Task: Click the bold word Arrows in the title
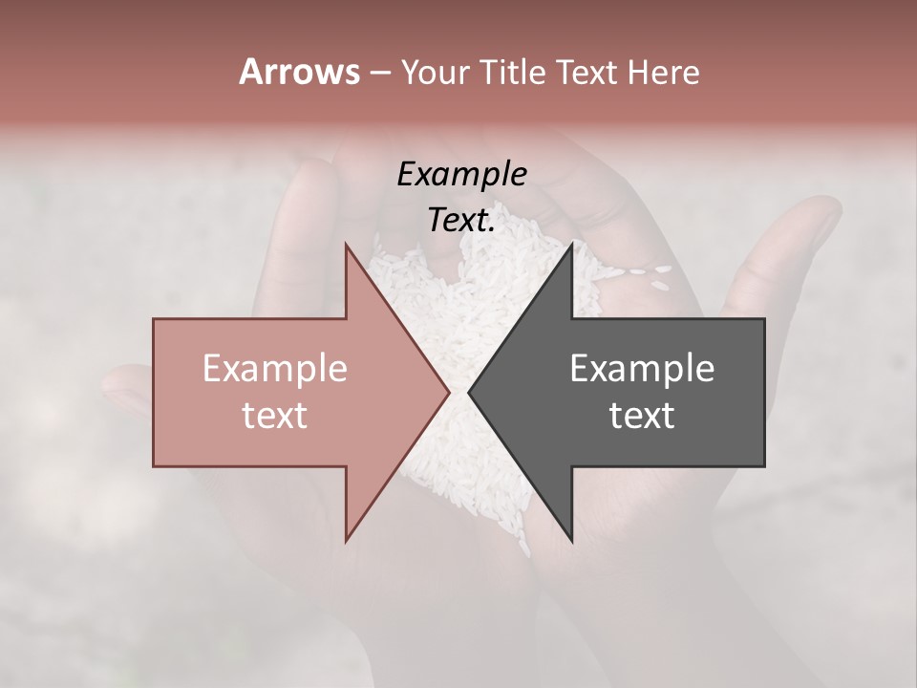[298, 72]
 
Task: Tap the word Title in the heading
[513, 73]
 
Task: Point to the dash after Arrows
[379, 74]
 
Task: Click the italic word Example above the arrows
[461, 175]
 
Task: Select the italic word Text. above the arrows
[461, 221]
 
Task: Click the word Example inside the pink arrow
[275, 369]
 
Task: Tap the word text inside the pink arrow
[275, 416]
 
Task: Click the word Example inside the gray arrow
[642, 369]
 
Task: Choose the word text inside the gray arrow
[642, 416]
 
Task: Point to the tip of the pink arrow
[448, 392]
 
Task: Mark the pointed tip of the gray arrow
[469, 392]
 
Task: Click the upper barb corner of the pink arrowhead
[346, 245]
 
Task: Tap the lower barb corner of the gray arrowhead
[572, 541]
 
